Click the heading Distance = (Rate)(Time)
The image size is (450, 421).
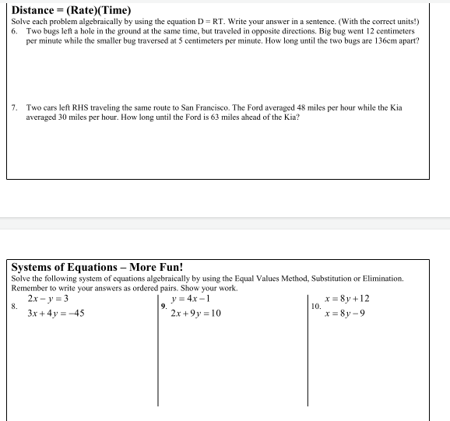(72, 10)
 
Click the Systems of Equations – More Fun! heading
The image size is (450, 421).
(97, 267)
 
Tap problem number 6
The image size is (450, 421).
(15, 30)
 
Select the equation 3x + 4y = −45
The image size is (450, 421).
(55, 314)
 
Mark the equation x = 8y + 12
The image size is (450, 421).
(349, 299)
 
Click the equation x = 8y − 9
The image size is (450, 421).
(346, 314)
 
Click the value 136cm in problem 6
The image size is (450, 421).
(399, 40)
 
